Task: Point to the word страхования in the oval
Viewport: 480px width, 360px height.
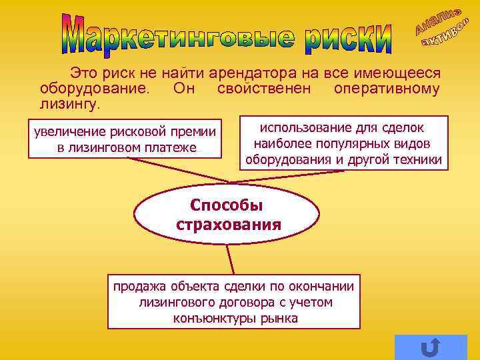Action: click(228, 224)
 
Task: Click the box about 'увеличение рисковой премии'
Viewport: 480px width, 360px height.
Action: click(125, 139)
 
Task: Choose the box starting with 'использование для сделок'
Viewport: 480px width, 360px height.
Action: click(343, 143)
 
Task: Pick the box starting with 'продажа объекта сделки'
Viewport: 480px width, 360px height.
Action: click(234, 302)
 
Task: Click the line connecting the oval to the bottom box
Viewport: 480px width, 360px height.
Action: click(230, 259)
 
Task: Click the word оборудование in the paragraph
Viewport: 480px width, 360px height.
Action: click(97, 89)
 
